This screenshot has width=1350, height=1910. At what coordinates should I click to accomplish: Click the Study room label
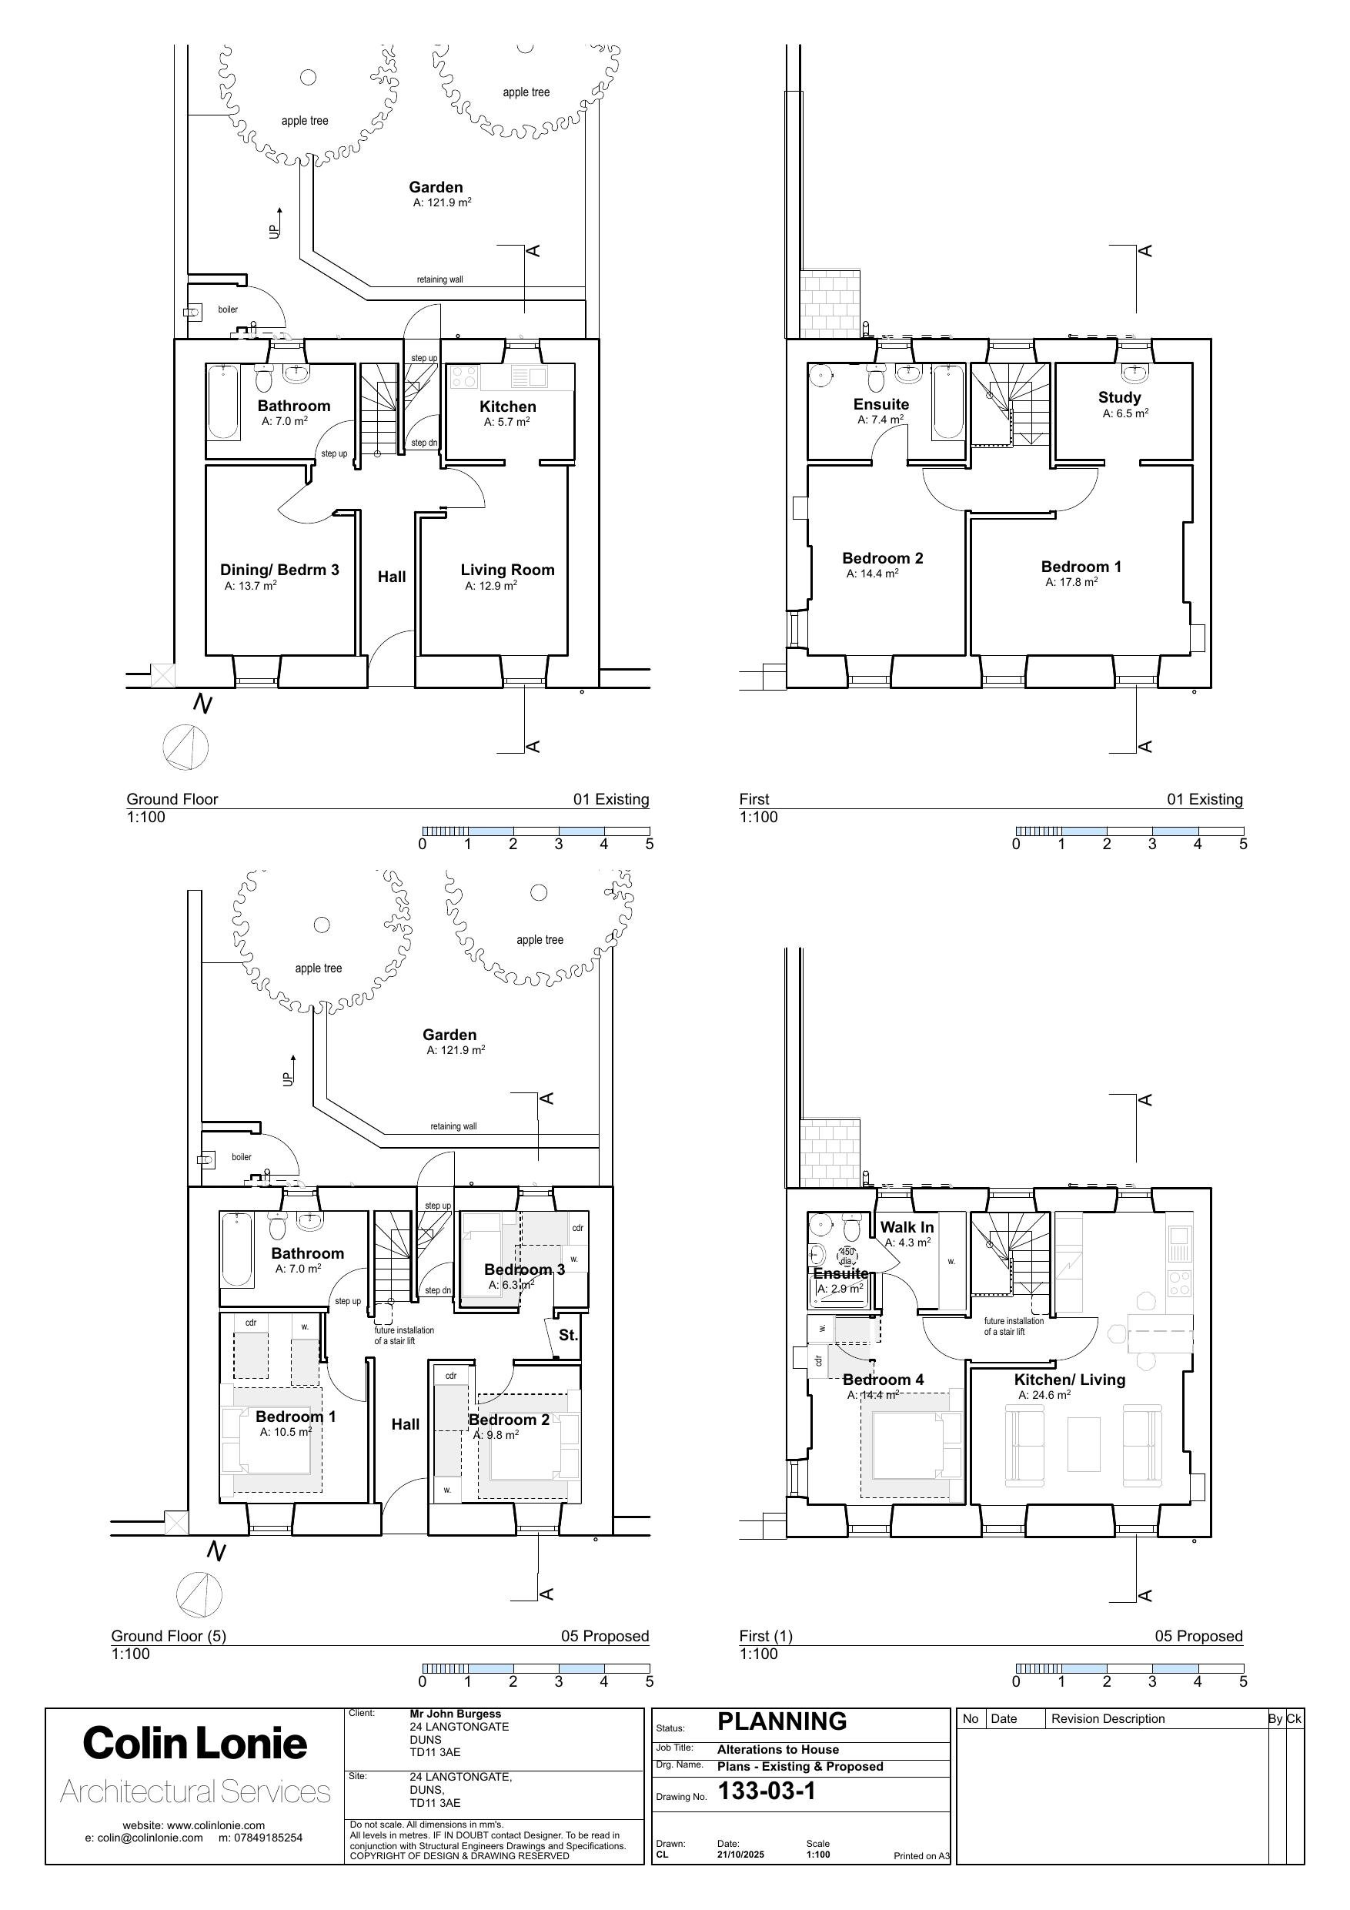[1119, 398]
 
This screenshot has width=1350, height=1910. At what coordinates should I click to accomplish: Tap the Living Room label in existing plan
[507, 570]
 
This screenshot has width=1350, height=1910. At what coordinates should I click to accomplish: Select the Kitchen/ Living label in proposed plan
[1069, 1380]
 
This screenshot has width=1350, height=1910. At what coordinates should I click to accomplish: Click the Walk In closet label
[907, 1227]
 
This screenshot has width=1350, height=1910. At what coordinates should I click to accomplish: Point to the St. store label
[568, 1335]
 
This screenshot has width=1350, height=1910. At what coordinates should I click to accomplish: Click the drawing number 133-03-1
[766, 1790]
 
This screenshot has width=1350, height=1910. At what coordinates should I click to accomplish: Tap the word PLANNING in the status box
[782, 1721]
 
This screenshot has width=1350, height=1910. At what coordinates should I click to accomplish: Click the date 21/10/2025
[740, 1855]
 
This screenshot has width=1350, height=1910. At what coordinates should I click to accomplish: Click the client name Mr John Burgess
[455, 1714]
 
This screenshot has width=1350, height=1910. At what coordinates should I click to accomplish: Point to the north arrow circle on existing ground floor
[185, 746]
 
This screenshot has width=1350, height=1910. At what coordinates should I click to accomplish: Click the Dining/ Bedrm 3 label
[279, 570]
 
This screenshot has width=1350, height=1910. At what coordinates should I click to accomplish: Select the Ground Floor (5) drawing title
[169, 1635]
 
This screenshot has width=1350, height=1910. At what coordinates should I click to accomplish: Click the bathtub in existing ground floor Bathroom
[223, 402]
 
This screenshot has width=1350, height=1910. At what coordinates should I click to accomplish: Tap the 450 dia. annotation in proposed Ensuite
[847, 1257]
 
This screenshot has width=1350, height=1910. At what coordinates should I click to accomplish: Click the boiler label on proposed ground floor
[241, 1157]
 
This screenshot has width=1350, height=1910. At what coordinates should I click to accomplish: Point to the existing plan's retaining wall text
[439, 279]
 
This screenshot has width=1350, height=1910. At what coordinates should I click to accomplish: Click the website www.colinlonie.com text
[194, 1825]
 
